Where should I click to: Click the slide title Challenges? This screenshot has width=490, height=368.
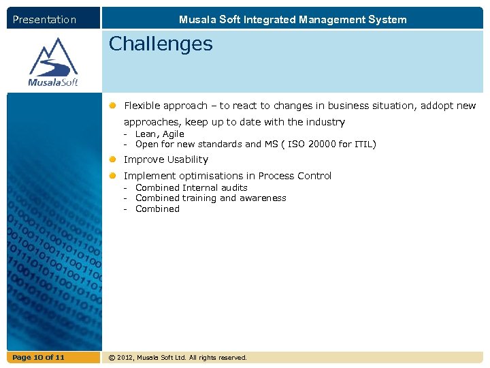(161, 45)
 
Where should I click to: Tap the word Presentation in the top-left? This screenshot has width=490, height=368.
(44, 20)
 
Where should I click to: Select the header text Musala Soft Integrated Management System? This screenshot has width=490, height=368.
(293, 20)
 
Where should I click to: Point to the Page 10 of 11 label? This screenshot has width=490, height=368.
(38, 358)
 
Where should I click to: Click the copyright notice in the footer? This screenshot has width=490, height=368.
(178, 358)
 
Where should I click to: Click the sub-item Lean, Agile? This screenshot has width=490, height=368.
(159, 134)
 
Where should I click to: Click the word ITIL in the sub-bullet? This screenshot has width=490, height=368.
(364, 144)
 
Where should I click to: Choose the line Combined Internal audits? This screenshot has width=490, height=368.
(191, 188)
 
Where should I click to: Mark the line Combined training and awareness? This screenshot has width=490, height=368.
(210, 198)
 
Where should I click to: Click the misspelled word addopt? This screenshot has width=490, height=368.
(438, 106)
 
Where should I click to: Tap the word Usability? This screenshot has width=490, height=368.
(184, 159)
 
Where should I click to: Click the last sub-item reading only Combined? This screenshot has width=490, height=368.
(157, 209)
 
